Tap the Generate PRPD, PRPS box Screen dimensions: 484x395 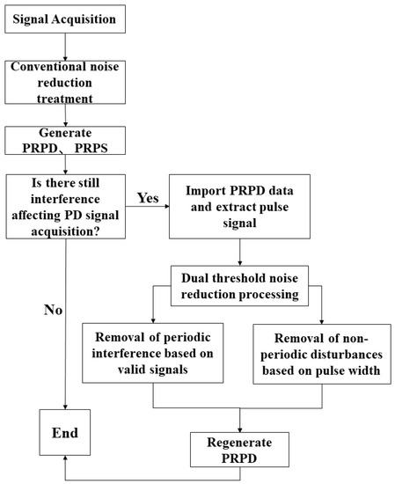point(69,138)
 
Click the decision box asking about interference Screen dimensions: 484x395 point(69,205)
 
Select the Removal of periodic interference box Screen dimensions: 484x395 point(153,352)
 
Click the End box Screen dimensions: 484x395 point(65,433)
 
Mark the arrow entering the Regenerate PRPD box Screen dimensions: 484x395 point(237,420)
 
